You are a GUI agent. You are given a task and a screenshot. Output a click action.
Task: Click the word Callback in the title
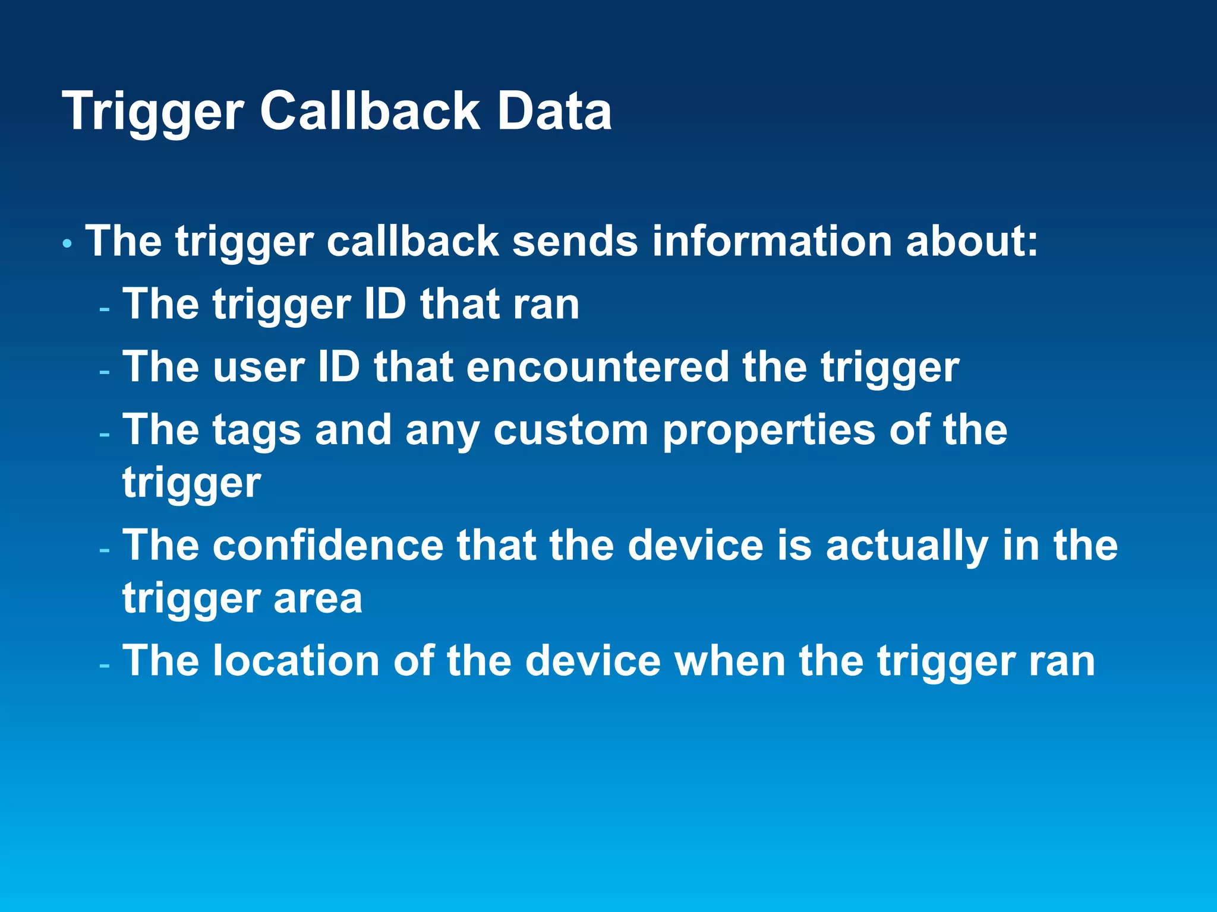(x=370, y=112)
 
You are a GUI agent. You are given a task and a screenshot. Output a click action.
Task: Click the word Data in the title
(x=554, y=112)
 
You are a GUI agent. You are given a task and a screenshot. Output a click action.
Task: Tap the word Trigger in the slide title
(x=153, y=113)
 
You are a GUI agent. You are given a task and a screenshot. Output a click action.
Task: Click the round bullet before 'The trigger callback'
(x=67, y=243)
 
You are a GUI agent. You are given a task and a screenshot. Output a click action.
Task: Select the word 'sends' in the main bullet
(x=575, y=242)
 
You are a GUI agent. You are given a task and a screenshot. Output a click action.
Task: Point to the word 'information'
(x=771, y=242)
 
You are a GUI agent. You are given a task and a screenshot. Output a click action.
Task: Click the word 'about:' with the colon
(x=972, y=242)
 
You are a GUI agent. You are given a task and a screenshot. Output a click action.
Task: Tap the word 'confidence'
(x=328, y=545)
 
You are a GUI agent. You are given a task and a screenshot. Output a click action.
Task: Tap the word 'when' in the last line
(x=730, y=661)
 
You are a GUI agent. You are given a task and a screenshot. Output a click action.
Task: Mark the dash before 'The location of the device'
(x=105, y=666)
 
